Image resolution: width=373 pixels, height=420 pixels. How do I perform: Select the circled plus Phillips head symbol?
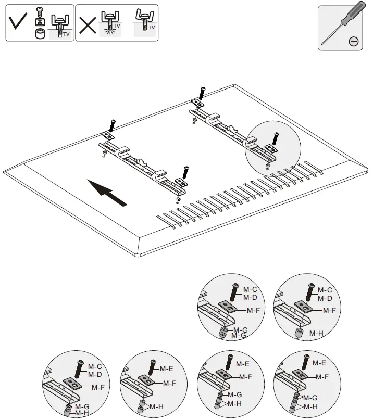tap(353, 42)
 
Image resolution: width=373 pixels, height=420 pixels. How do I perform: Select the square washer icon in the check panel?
tap(39, 21)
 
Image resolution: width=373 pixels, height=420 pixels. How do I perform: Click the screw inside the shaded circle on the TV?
tap(275, 138)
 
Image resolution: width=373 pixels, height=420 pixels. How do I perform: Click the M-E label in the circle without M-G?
tap(166, 368)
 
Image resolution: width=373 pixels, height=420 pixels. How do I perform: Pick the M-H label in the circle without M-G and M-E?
tap(315, 333)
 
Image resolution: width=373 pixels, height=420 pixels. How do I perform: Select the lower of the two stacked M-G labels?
tap(239, 336)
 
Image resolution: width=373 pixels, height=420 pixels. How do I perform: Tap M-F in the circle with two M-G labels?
tap(253, 311)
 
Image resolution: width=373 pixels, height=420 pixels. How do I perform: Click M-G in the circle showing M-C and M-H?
tap(81, 406)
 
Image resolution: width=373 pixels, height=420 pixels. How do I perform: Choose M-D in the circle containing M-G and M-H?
tap(94, 374)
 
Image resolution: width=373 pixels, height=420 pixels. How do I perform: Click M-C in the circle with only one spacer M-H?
tap(325, 290)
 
